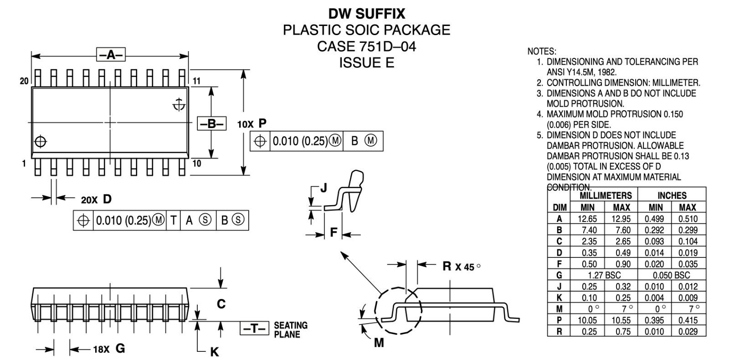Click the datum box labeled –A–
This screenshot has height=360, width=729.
click(111, 55)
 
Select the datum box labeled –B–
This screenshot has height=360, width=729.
click(211, 123)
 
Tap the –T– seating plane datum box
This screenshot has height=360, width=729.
click(254, 329)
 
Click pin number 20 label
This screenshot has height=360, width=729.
click(24, 81)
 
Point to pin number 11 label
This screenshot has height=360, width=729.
click(197, 81)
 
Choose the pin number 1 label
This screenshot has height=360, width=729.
click(24, 164)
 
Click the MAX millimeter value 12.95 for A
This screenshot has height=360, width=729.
click(621, 219)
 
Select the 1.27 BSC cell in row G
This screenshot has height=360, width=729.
click(604, 275)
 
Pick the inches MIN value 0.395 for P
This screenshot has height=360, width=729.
click(654, 320)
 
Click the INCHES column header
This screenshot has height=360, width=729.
click(672, 195)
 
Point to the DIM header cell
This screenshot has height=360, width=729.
click(559, 207)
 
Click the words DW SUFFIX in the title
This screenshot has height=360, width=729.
click(366, 14)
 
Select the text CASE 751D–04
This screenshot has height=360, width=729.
click(366, 46)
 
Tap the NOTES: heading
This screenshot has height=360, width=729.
click(541, 51)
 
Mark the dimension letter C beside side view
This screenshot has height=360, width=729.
click(221, 303)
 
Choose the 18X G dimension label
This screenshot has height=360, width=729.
click(109, 349)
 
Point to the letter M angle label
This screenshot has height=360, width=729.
click(379, 343)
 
